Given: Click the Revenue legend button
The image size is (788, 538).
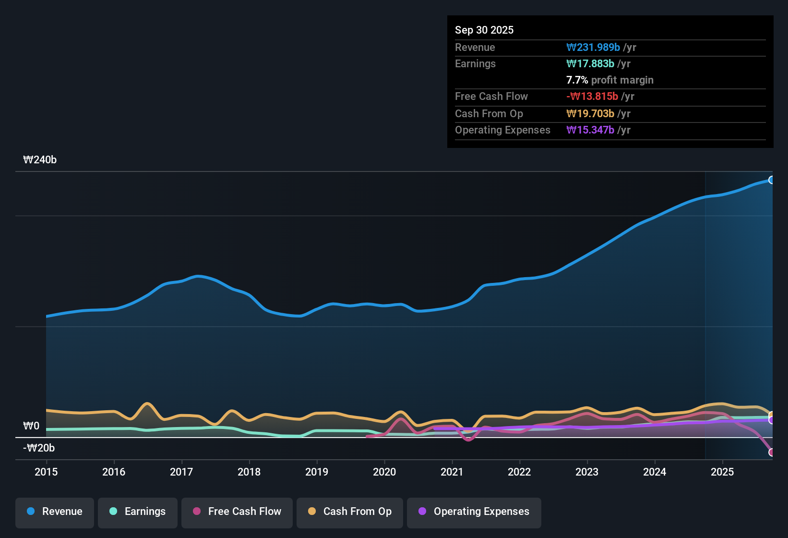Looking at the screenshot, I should pos(55,512).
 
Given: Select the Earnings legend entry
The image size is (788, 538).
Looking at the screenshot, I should pos(138,512).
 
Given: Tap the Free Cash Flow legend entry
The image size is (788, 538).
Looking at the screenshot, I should pos(237,512).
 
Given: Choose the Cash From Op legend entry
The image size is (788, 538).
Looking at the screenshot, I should pos(350,512).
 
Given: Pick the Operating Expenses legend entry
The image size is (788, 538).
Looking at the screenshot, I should pos(474,512).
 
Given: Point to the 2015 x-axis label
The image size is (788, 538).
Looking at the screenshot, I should pos(46,472).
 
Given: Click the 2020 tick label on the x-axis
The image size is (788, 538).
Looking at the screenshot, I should pos(384,472).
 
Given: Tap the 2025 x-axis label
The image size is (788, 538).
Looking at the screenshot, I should pos(722,472).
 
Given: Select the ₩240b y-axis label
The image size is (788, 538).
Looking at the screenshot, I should pos(40,160).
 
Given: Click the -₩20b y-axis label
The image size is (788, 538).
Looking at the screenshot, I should pos(39,448).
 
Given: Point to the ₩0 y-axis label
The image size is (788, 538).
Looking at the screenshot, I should pos(31,426).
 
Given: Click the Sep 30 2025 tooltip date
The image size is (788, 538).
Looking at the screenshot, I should pos(484,30).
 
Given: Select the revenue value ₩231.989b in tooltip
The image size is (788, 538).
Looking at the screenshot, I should pos(593,47).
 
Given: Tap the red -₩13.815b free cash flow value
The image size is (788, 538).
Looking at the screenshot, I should pos(592,96).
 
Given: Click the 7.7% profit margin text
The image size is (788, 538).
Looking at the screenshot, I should pos(610,80).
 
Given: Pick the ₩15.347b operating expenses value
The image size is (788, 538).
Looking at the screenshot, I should pos(590,130).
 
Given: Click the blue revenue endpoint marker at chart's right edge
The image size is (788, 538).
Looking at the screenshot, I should pos(771,180).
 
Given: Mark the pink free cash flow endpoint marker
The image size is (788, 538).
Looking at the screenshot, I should pos(771,452).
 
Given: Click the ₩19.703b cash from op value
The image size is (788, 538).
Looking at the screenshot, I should pos(590,113).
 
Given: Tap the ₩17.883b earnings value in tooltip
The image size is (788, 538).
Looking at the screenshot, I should pos(590,63).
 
